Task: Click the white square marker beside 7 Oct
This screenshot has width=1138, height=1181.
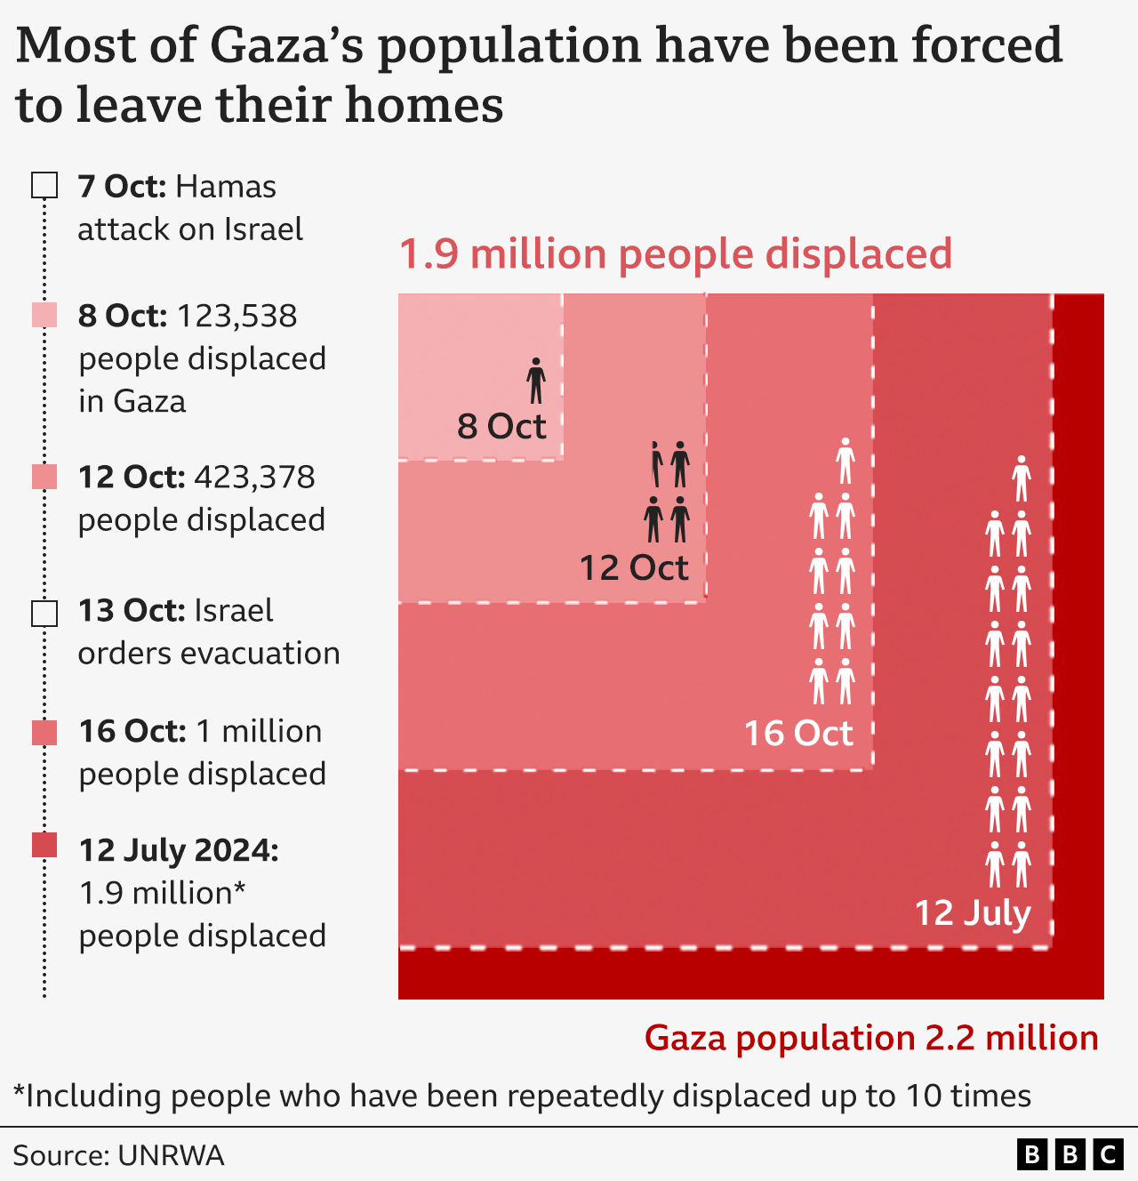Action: point(44,186)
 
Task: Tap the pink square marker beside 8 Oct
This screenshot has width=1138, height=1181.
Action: point(44,315)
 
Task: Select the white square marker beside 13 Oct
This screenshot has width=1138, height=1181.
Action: point(44,614)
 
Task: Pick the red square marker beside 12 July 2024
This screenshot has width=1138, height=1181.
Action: point(44,846)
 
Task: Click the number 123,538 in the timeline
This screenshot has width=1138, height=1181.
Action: point(237,316)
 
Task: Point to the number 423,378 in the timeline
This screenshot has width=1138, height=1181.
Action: point(254,478)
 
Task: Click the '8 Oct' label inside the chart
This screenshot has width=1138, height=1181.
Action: point(501,427)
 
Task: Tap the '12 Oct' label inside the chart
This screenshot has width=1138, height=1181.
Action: point(634,568)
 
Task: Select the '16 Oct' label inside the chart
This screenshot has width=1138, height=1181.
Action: point(798,734)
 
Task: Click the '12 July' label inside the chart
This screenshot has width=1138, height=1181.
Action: point(973,913)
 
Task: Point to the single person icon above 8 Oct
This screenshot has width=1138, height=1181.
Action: point(535,381)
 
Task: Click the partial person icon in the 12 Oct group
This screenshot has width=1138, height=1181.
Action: point(656,463)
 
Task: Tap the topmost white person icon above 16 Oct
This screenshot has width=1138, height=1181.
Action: point(845,460)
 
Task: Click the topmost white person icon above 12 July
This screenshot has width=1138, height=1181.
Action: point(1022,478)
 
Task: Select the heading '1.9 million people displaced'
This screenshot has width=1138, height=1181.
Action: point(676,254)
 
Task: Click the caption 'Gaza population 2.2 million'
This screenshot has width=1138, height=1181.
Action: point(871,1038)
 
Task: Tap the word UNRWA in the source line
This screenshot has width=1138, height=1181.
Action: point(171,1155)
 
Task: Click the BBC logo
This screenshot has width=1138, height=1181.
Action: point(1070,1154)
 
